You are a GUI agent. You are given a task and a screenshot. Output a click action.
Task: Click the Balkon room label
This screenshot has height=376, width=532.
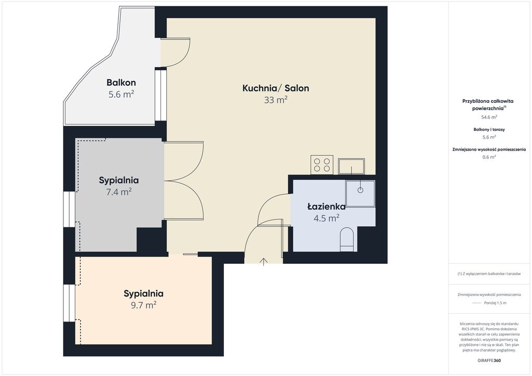coord(121,83)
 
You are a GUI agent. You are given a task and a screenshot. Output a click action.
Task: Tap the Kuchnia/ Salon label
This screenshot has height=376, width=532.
coord(275,88)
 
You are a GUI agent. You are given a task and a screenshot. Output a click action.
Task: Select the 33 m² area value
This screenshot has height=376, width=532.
coord(275,100)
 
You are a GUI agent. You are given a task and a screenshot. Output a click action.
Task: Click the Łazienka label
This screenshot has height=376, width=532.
coord(326,207)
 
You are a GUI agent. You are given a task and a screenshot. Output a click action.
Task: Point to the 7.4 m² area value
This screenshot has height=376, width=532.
coord(119,192)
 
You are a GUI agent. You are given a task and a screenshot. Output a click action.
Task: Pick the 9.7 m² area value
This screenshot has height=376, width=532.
coord(143,305)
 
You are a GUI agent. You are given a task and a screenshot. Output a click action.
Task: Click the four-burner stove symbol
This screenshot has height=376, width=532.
coord(322,165)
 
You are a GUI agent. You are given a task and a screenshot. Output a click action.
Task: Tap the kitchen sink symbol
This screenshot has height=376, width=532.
coord(351,167)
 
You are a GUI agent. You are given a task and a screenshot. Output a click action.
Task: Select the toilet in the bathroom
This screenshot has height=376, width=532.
coord(347,239)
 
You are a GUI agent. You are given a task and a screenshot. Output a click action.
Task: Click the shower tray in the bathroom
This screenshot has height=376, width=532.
coord(361,193)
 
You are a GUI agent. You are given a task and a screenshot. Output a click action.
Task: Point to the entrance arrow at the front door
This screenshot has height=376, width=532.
coord(263,262)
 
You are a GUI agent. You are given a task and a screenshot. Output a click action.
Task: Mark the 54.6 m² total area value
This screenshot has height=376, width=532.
coord(489,117)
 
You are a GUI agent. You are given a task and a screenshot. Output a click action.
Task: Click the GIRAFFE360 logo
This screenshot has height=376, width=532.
coord(489,360)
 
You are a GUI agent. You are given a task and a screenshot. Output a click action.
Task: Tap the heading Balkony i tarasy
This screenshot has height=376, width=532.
coord(489,129)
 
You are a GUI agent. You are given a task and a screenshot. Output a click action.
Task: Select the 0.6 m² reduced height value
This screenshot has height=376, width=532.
coord(489,157)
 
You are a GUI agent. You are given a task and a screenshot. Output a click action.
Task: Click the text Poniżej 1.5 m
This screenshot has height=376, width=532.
coord(495,303)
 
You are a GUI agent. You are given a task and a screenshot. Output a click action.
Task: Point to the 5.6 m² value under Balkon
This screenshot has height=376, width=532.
coord(121,94)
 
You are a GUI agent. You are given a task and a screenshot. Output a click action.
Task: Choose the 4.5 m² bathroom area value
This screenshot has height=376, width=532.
coord(326,218)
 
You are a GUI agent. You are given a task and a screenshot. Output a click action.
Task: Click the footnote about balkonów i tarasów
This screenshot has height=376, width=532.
coord(489,274)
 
